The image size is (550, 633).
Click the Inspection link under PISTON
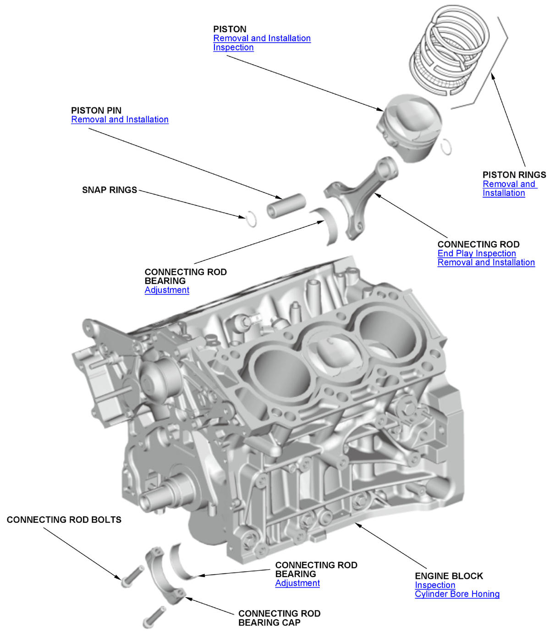(x=233, y=47)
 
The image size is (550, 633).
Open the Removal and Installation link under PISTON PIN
(x=120, y=119)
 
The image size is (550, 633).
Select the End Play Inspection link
(x=476, y=253)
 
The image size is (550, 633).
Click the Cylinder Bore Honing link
(x=457, y=594)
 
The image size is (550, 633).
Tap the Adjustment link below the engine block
(x=297, y=583)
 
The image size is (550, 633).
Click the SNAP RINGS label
(x=110, y=190)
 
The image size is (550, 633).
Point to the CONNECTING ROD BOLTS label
(x=64, y=520)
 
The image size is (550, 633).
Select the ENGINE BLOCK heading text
(x=449, y=576)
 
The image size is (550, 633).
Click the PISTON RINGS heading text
(x=514, y=175)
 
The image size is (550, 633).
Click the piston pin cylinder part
(x=286, y=206)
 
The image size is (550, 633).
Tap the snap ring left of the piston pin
(x=251, y=219)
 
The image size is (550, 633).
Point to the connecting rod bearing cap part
(x=164, y=576)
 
